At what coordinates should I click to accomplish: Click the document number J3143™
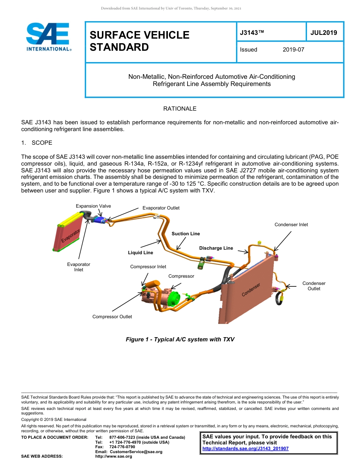(252, 33)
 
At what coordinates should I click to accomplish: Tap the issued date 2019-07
(293, 50)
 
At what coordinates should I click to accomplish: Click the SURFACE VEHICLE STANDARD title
(139, 41)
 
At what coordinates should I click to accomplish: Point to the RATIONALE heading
(180, 109)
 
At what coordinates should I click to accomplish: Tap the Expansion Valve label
(93, 206)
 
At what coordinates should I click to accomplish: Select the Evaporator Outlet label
(161, 208)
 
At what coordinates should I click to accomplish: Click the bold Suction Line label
(186, 234)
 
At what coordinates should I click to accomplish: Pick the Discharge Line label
(216, 248)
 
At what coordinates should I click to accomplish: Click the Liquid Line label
(140, 253)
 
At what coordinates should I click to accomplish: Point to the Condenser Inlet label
(291, 225)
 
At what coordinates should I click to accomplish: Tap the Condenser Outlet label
(314, 286)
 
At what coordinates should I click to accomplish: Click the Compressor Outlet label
(112, 317)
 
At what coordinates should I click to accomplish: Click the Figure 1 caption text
(180, 339)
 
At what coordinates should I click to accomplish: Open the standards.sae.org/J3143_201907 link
(246, 449)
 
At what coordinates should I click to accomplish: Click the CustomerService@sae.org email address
(136, 452)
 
